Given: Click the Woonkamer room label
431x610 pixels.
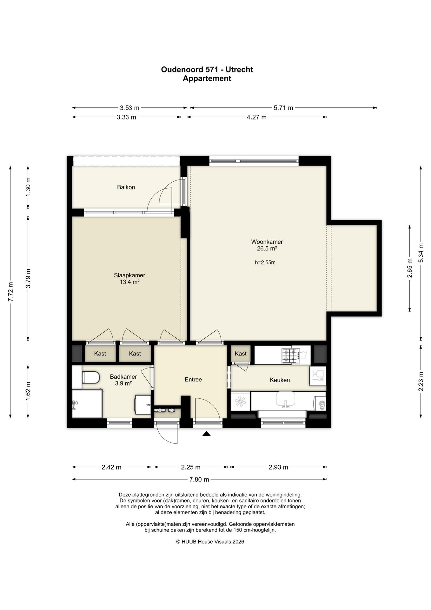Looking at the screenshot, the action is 267,242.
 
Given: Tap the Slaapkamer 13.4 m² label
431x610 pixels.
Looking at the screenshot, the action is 129,279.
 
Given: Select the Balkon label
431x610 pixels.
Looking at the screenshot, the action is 126,187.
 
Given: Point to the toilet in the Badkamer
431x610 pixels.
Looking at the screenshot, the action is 90,377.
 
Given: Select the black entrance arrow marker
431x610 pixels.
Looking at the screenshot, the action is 207,433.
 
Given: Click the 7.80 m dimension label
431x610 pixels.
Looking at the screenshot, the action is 199,479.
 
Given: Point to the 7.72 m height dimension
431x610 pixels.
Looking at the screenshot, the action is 10,292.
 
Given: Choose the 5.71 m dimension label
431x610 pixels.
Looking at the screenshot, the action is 283,108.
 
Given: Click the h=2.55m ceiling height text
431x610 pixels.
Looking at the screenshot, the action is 265,262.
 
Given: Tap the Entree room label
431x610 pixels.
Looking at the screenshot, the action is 193,379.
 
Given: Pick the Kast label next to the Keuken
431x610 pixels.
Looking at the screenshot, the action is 241,354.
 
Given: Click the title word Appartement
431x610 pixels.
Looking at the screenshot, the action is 207,78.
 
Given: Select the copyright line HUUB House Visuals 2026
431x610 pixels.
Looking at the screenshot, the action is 210,542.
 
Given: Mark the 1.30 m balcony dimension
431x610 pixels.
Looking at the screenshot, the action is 28,187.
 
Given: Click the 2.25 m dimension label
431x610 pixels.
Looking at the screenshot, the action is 191,467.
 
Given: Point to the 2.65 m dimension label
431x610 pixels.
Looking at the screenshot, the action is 410,268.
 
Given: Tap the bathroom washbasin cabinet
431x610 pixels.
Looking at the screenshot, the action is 143,404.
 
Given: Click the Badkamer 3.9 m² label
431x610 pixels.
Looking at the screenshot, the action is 123,380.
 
